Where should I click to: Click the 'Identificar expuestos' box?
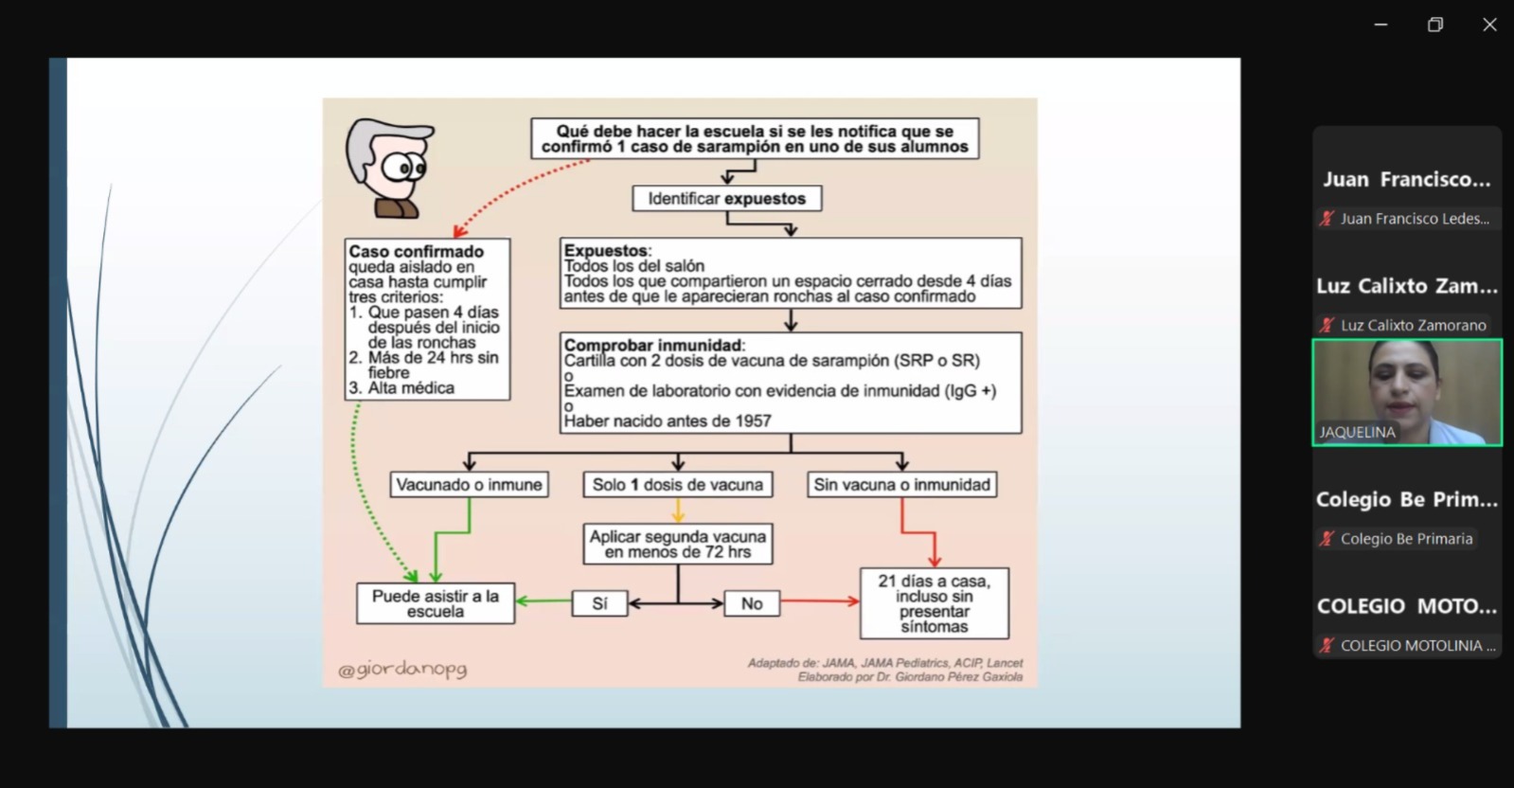click(726, 199)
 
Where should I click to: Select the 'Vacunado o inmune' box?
click(469, 485)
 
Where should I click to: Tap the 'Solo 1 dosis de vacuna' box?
click(677, 485)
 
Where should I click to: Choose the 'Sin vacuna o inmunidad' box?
click(901, 485)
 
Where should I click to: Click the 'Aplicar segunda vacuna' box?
click(677, 544)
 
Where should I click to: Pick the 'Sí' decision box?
click(599, 603)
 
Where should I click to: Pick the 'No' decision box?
click(752, 603)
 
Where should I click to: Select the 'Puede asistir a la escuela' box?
click(436, 603)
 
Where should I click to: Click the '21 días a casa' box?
click(934, 603)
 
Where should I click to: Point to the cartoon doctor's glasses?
click(405, 170)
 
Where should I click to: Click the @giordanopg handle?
click(402, 670)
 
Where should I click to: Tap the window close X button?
click(1489, 26)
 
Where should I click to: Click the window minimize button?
click(1380, 26)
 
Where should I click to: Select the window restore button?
click(1435, 26)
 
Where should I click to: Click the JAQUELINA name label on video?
click(1357, 432)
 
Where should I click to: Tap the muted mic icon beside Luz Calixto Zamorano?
click(1327, 325)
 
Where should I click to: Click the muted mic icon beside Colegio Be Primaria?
click(1327, 539)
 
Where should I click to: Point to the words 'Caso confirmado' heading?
click(416, 252)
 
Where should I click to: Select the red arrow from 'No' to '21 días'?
click(820, 601)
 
